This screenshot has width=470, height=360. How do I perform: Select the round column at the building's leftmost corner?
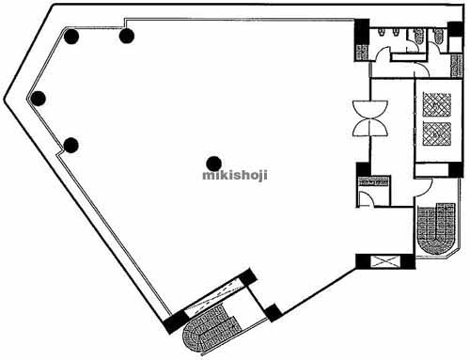(x=39, y=98)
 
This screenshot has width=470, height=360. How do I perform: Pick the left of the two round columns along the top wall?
(x=71, y=38)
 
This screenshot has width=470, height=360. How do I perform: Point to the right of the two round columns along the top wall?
(x=127, y=37)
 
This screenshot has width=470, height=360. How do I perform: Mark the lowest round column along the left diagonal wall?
(x=70, y=145)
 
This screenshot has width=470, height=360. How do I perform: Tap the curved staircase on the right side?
(x=436, y=228)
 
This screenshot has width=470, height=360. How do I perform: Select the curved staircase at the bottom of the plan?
(x=206, y=326)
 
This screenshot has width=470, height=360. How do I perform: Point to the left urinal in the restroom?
(x=382, y=34)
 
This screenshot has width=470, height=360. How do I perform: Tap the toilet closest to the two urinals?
(x=417, y=37)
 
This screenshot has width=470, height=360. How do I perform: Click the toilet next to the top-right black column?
(x=439, y=37)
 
